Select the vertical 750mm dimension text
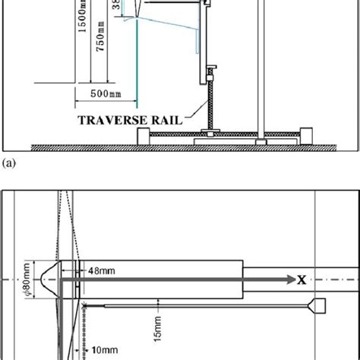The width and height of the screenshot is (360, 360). coord(96,52)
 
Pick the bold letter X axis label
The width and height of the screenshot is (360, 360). coord(302,279)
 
